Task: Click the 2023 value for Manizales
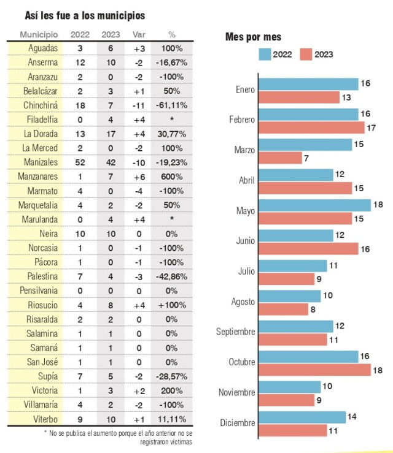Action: pos(111,162)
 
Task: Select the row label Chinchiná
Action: pos(41,105)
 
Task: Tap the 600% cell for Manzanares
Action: pos(171,177)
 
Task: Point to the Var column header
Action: pos(139,35)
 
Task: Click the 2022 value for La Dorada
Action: pos(80,134)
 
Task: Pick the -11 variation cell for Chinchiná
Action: pos(139,105)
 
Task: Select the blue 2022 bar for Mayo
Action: pos(314,205)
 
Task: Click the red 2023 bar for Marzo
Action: pos(280,158)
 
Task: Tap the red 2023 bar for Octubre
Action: pos(314,370)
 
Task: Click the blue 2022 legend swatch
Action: pos(265,55)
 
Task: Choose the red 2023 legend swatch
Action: pos(306,55)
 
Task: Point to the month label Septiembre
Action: pos(236,332)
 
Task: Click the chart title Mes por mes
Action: pos(253,37)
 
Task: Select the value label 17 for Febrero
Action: pos(371,128)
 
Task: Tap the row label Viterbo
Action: pos(45,419)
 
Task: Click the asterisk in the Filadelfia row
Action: pos(171,118)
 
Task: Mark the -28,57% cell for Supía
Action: pos(171,376)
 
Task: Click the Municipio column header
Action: pos(39,35)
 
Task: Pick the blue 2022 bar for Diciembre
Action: pos(302,417)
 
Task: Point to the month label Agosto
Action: pos(243,302)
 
